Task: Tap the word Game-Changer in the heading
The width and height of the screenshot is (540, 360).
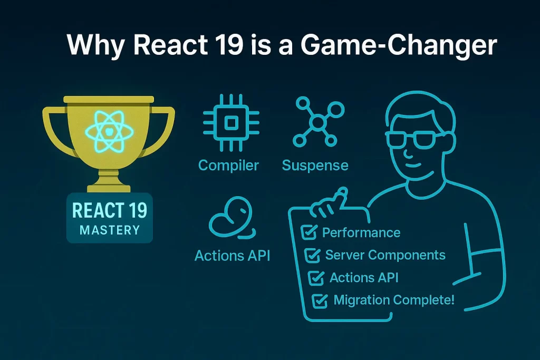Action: click(x=399, y=45)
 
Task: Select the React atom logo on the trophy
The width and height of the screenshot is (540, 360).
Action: click(x=109, y=131)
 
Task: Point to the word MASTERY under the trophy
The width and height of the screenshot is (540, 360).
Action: click(x=110, y=230)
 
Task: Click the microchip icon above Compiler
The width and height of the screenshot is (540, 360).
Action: click(x=231, y=123)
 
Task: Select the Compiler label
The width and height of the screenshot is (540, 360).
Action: click(x=229, y=166)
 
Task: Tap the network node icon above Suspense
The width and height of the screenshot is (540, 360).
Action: click(x=318, y=122)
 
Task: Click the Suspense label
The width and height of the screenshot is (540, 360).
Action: click(x=315, y=166)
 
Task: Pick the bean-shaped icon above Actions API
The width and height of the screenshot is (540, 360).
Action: click(x=232, y=217)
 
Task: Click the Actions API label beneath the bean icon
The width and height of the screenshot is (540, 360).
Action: click(x=233, y=256)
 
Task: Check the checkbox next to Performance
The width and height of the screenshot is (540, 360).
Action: click(x=309, y=232)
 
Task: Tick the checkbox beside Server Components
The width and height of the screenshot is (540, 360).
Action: click(x=312, y=255)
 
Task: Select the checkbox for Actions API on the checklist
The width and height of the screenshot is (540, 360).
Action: click(x=316, y=278)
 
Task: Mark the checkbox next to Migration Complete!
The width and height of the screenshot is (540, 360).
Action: click(x=320, y=300)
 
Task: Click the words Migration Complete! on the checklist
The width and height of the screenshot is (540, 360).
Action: click(x=394, y=300)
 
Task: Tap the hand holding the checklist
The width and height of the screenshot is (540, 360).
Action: click(x=329, y=203)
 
